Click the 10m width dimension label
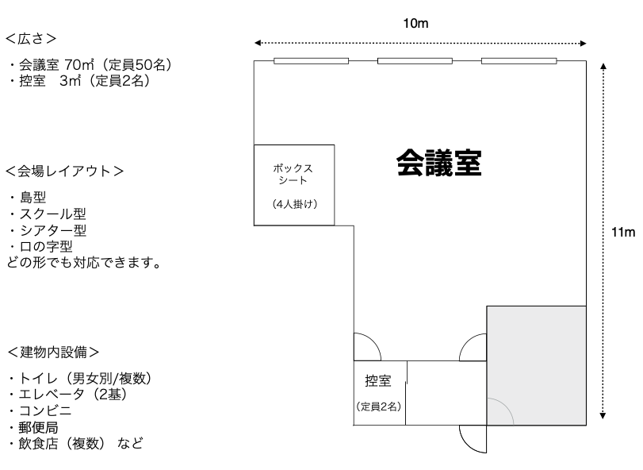pos(416,24)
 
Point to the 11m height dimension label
pos(624,233)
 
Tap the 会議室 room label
pos(439,164)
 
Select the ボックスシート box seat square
pos(293,184)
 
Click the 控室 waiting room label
pos(378,382)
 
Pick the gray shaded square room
pos(536,364)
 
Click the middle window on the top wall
pos(415,61)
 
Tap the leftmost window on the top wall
pos(311,61)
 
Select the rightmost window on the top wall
pos(519,61)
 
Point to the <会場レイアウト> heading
pos(63,171)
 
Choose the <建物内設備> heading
pos(54,351)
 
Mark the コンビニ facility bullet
pos(40,410)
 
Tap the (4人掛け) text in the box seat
pos(294,204)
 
